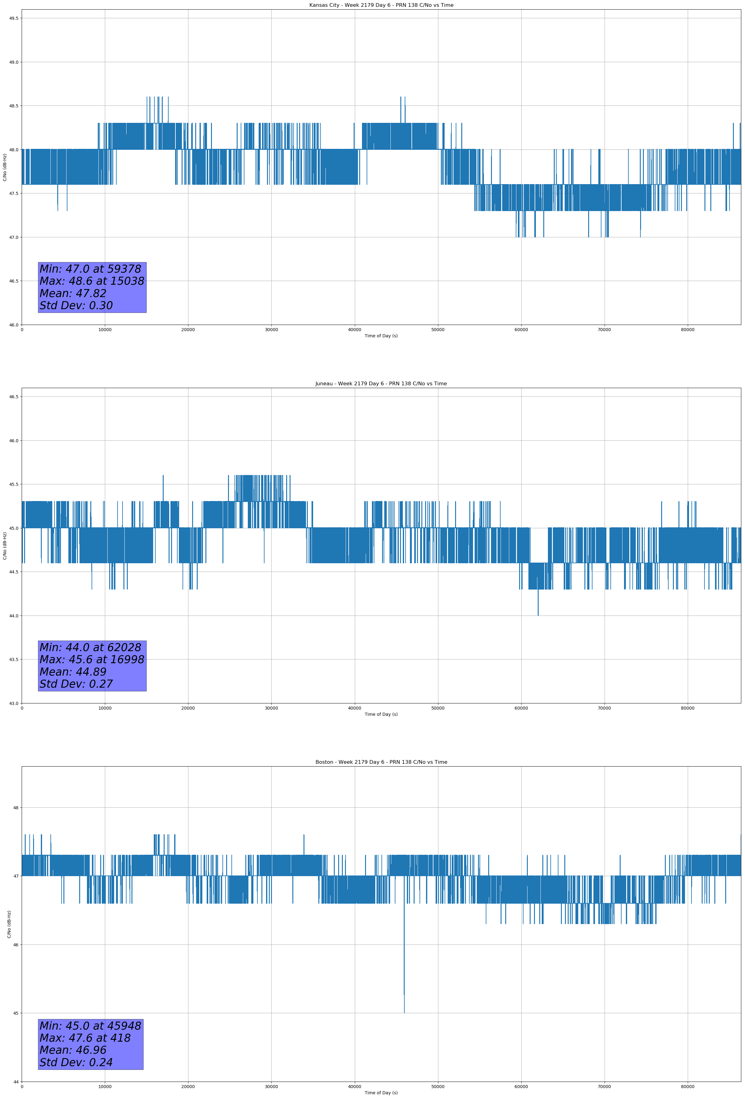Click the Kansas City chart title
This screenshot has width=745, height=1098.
click(381, 5)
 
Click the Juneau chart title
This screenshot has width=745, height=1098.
click(381, 384)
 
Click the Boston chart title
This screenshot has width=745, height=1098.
click(381, 762)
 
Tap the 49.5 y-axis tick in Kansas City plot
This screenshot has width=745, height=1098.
click(14, 19)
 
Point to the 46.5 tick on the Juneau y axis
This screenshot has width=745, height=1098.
click(14, 397)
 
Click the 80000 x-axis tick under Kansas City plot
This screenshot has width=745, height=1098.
click(687, 330)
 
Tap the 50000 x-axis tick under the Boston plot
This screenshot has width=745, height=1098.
click(438, 1087)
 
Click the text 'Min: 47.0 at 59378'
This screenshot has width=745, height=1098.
click(90, 269)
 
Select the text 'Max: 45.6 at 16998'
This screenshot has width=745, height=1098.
click(92, 659)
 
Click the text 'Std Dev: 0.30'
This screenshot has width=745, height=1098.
click(76, 306)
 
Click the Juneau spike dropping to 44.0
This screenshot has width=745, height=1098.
click(538, 609)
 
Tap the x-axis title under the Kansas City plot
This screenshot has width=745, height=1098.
click(381, 336)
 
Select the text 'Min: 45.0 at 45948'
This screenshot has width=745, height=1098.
click(90, 1026)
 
